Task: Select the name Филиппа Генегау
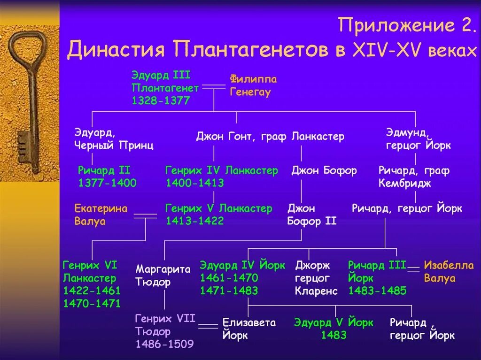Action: coord(253,85)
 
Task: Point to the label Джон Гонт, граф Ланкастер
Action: coord(270,137)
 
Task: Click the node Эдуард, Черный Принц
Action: coord(114,138)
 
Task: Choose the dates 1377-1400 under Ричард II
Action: coord(107,183)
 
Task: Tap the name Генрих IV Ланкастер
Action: coord(222,170)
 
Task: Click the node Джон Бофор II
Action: coord(311,214)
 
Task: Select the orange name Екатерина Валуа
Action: coord(101,214)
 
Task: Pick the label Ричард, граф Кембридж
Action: coord(414,177)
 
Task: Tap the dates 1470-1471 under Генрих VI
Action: coord(92,303)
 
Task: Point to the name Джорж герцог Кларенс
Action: coord(316,278)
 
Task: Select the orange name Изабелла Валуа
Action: coord(449,271)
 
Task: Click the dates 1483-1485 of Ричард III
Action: coord(377,291)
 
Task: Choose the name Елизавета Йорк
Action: coord(249,329)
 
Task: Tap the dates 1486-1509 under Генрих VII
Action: coord(164,345)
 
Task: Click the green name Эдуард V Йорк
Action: coord(334,323)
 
